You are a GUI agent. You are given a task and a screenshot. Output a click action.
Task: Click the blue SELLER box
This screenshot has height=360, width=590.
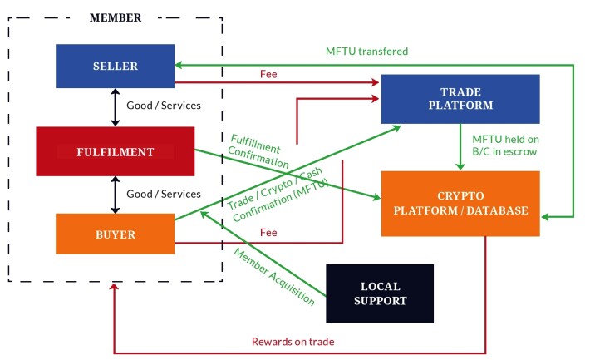tap(115, 66)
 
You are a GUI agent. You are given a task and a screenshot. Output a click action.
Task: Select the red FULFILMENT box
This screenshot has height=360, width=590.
tap(115, 151)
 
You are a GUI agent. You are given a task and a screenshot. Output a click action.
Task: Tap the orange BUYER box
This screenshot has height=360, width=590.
tap(115, 234)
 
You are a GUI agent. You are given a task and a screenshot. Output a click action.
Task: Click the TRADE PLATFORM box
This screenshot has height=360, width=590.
tap(460, 98)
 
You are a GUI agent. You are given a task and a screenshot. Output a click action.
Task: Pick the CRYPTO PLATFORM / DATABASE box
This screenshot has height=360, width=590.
tap(460, 203)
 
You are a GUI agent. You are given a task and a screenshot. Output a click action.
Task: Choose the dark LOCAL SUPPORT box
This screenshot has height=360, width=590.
tap(379, 293)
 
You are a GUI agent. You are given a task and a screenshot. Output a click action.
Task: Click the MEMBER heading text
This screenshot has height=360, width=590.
tap(116, 17)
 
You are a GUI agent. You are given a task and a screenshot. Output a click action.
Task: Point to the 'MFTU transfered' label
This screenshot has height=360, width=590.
tap(366, 52)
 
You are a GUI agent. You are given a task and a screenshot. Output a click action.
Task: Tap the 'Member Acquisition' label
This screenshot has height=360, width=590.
tap(273, 277)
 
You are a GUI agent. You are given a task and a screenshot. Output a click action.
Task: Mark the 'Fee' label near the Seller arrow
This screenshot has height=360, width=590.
tap(268, 74)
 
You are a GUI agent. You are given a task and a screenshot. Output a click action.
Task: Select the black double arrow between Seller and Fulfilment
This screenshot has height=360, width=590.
tap(115, 106)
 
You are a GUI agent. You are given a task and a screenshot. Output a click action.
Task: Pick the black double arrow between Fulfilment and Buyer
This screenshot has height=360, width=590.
tap(115, 194)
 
